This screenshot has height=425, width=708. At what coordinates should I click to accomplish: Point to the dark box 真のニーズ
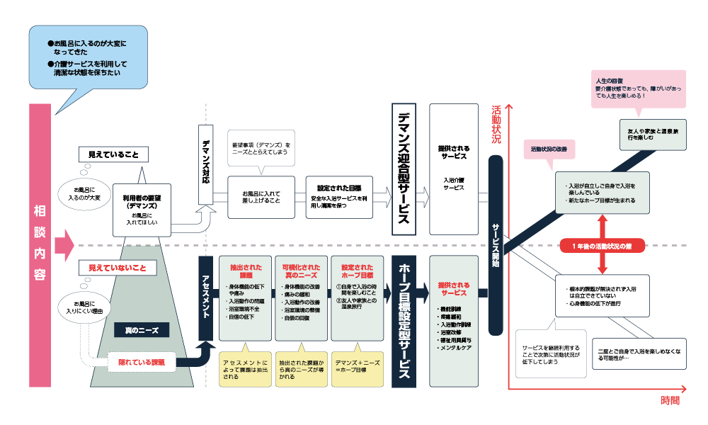click(141, 329)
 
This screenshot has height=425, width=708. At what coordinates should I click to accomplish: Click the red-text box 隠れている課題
click(141, 363)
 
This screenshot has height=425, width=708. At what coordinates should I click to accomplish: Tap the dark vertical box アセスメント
click(207, 297)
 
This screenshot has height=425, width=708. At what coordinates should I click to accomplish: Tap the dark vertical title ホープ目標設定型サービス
click(402, 322)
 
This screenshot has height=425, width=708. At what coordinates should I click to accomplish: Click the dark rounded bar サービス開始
click(496, 241)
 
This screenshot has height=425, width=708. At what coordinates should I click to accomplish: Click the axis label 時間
click(670, 401)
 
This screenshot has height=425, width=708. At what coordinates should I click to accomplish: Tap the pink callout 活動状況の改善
click(550, 149)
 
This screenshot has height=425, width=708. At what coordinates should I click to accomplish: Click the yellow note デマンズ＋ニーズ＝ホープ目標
click(358, 366)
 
